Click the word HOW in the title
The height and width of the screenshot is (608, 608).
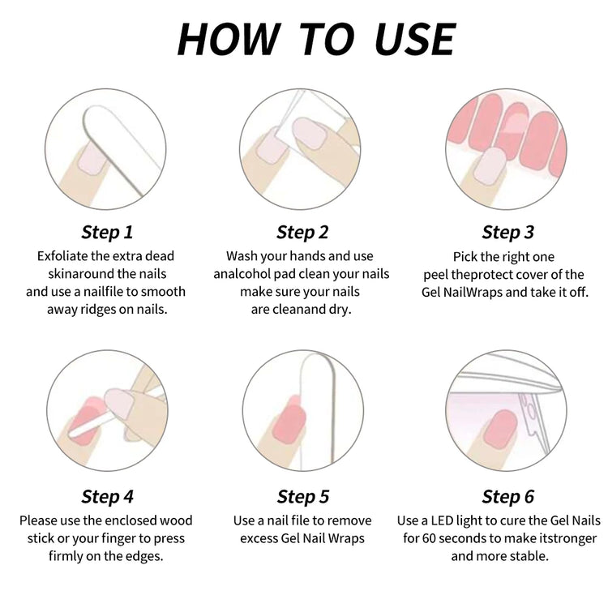coord(229,39)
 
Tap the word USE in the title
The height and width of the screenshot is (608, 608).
coord(415,39)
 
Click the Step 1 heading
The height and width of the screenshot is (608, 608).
coord(107,233)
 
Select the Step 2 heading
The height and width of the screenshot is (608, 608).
coord(302,233)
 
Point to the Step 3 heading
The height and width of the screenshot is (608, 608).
coord(508,233)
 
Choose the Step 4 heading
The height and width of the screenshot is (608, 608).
coord(107,496)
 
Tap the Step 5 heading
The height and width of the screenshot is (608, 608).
coord(303,496)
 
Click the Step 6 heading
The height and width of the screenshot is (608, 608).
coord(508,496)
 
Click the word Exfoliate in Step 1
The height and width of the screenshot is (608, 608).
coord(62,256)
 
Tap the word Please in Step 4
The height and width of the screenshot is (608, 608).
coord(38,520)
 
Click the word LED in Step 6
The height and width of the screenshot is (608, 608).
coord(442,520)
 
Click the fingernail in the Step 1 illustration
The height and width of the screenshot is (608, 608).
coord(93,161)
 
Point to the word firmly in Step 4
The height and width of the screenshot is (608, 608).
coord(66,556)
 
